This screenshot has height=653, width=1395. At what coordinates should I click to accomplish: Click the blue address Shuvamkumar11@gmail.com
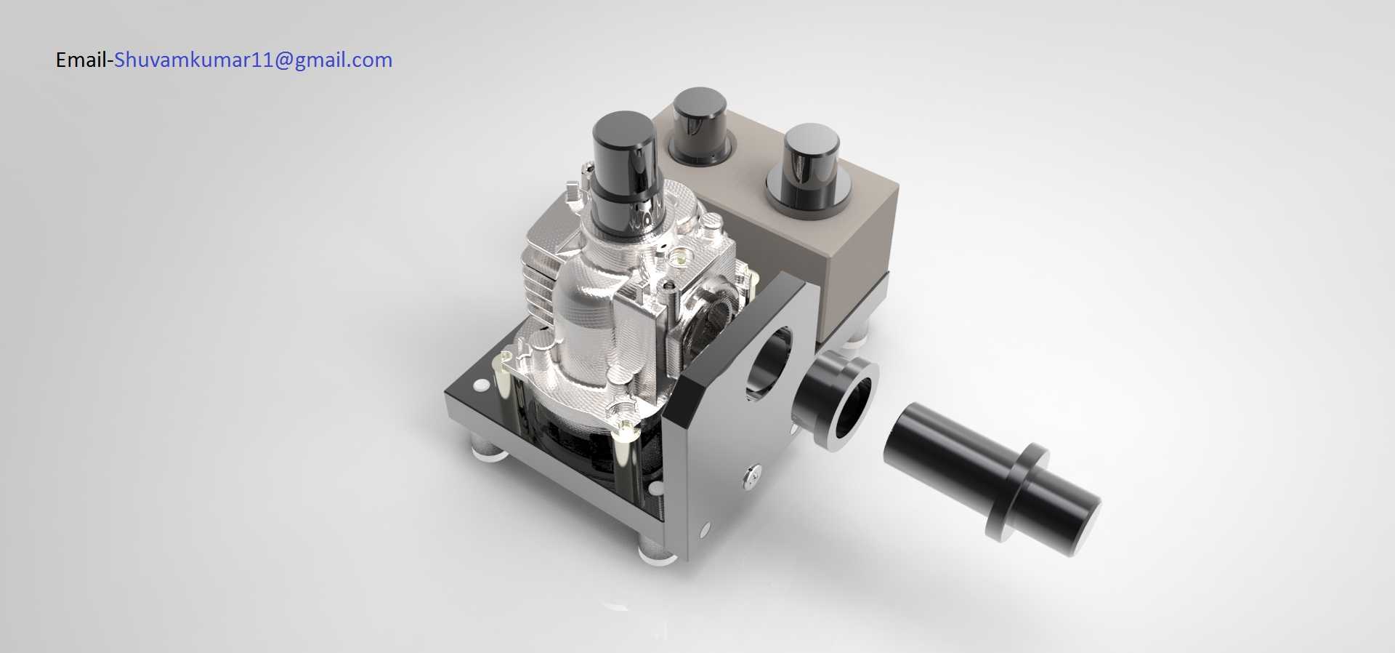pos(254,60)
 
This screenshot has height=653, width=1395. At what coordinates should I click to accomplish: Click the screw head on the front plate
pos(753,473)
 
